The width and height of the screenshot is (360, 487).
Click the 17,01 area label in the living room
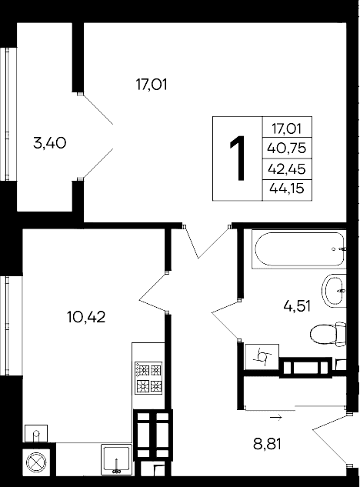(x=151, y=83)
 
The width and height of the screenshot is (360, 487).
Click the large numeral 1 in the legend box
(x=238, y=158)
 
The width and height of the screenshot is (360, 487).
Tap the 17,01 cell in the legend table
(x=286, y=129)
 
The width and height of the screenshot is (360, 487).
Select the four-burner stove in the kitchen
(x=148, y=377)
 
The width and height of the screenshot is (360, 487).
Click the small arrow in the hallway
(x=275, y=418)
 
